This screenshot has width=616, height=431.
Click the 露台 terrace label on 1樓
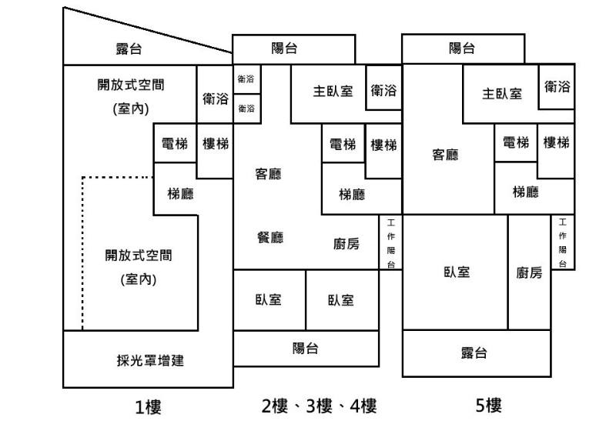[129, 49]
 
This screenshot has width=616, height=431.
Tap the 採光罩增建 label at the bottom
[150, 360]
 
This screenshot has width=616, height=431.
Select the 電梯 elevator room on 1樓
[175, 143]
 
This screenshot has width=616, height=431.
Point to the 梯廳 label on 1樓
[180, 193]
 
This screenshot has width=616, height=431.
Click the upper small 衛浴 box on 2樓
[247, 79]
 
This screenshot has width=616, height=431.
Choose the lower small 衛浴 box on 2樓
[247, 109]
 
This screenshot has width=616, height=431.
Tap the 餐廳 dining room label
[270, 238]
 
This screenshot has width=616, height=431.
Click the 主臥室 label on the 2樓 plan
[333, 92]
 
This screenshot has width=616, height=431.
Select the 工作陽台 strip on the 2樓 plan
[391, 242]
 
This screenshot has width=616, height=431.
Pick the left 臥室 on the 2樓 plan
[269, 300]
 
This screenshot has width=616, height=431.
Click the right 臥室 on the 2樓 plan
[343, 300]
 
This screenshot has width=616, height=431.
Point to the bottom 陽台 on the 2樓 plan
[306, 349]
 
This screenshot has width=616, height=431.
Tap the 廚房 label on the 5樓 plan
[529, 272]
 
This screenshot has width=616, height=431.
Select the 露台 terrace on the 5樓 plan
[477, 353]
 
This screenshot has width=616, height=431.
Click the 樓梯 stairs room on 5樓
[556, 151]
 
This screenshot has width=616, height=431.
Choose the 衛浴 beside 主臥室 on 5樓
[557, 87]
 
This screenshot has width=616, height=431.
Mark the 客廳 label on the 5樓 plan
[445, 155]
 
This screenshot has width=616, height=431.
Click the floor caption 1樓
[148, 406]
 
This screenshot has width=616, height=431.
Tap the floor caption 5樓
[488, 405]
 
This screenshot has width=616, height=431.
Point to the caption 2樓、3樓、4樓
[319, 406]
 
